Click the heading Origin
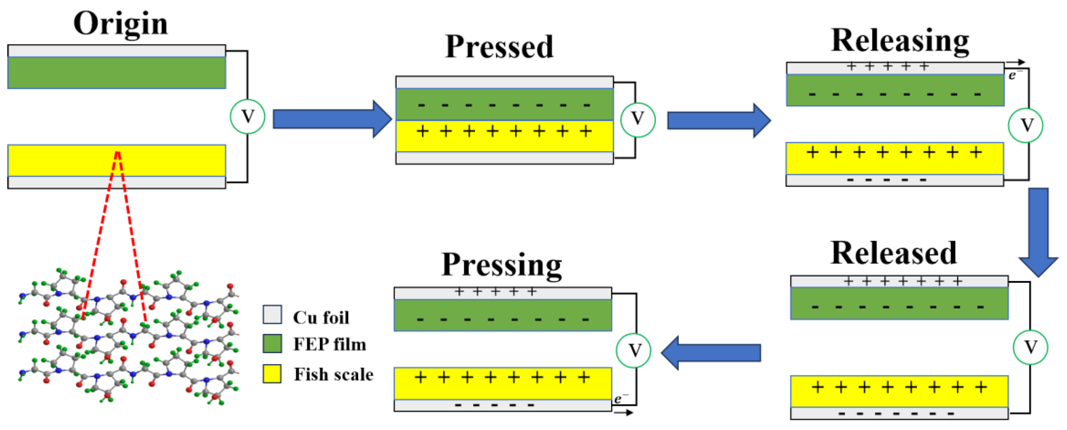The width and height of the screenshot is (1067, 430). tap(120, 24)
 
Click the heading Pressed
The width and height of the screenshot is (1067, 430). tap(499, 47)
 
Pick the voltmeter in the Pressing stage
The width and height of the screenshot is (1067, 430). tap(633, 350)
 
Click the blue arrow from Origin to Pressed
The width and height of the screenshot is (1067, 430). tap(331, 119)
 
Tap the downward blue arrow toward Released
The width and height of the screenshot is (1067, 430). tap(1038, 232)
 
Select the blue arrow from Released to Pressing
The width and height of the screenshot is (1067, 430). tap(711, 352)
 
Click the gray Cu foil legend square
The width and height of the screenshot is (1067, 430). tap(272, 314)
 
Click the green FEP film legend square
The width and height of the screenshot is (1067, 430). tap(272, 343)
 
